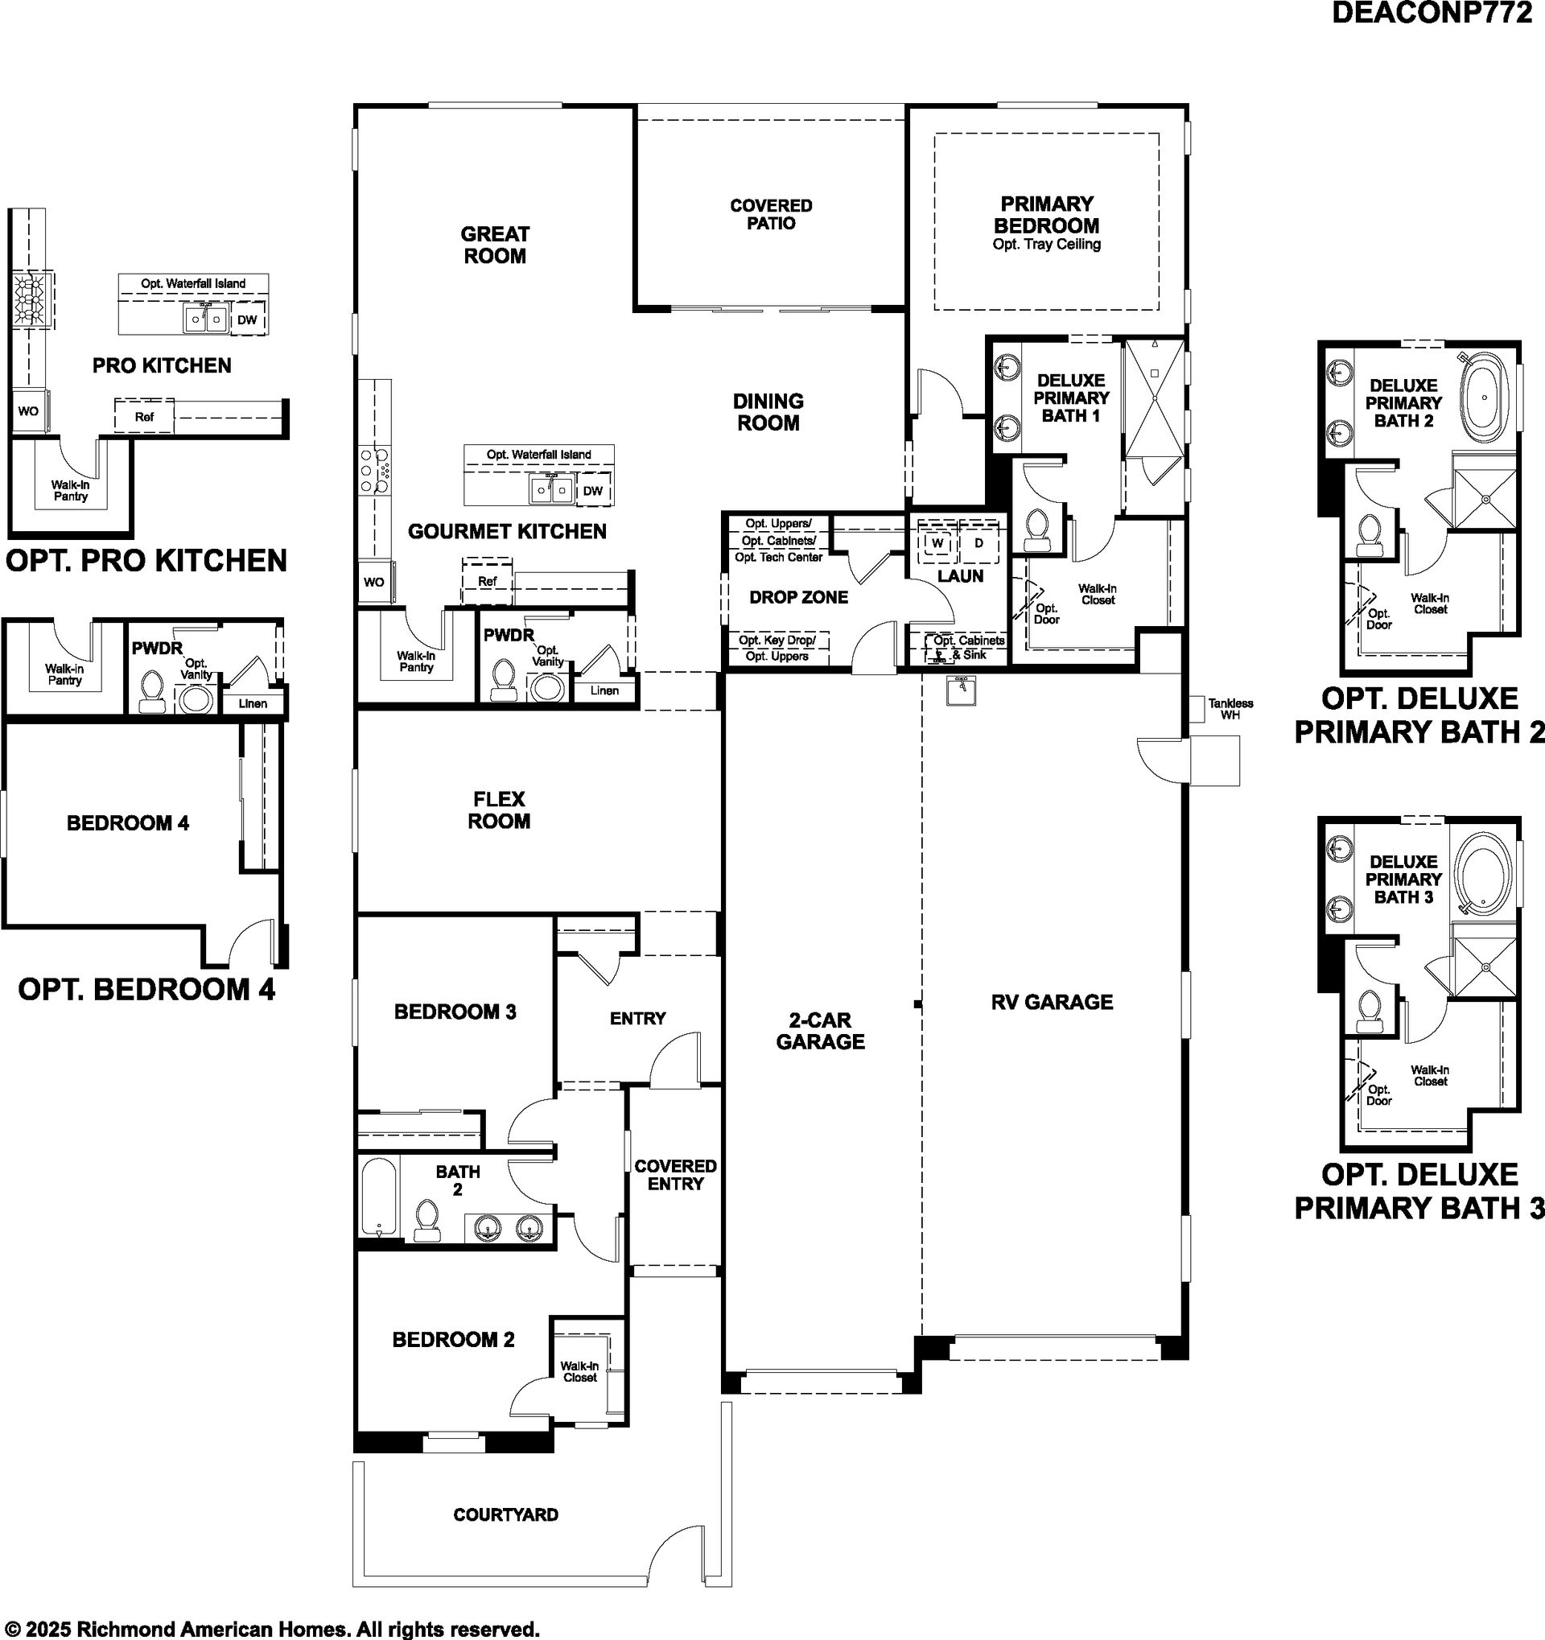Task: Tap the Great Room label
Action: (x=495, y=245)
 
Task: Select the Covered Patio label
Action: (x=771, y=215)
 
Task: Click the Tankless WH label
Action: (x=1230, y=709)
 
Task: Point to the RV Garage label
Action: (x=1052, y=1002)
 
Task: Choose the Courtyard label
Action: (x=505, y=1514)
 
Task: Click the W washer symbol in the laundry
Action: (x=937, y=543)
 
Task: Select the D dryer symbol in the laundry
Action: (x=979, y=543)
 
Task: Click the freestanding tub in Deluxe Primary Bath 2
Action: (x=1485, y=397)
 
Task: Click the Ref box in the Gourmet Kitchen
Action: (x=487, y=582)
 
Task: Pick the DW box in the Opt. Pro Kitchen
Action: (x=247, y=320)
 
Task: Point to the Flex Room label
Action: (x=499, y=810)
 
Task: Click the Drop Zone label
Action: (x=798, y=597)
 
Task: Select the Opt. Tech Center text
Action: (x=779, y=557)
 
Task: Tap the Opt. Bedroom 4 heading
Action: (x=146, y=989)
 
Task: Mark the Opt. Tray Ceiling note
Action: (x=1047, y=244)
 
